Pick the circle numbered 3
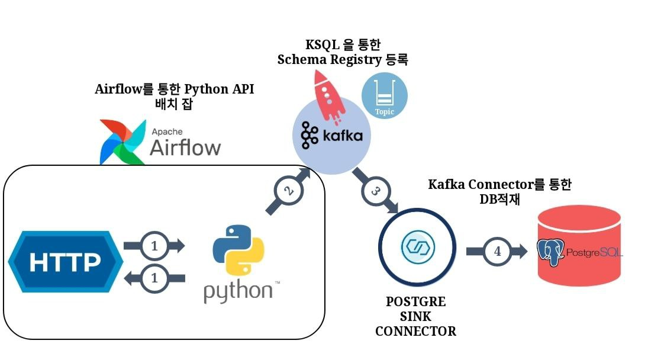[x=375, y=191]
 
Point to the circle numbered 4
[x=497, y=251]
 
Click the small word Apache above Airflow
[x=167, y=131]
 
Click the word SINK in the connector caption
[x=415, y=316]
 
